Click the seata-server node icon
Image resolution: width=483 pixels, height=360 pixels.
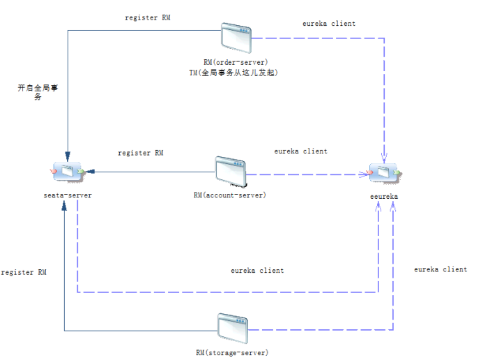[x=67, y=172]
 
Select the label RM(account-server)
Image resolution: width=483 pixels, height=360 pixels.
[x=229, y=195]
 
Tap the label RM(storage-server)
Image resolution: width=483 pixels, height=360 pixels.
[x=232, y=352]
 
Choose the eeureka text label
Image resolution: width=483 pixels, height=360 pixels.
[x=384, y=197]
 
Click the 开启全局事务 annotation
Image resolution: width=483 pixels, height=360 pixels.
[x=33, y=92]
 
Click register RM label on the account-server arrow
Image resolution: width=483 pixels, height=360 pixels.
[x=141, y=152]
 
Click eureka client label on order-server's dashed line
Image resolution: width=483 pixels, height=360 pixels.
[x=329, y=24]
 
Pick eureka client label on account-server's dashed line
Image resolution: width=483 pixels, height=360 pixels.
[x=300, y=151]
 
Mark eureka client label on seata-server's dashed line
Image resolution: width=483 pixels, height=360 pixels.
[x=257, y=270]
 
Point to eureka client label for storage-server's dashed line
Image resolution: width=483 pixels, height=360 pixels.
[x=440, y=269]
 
